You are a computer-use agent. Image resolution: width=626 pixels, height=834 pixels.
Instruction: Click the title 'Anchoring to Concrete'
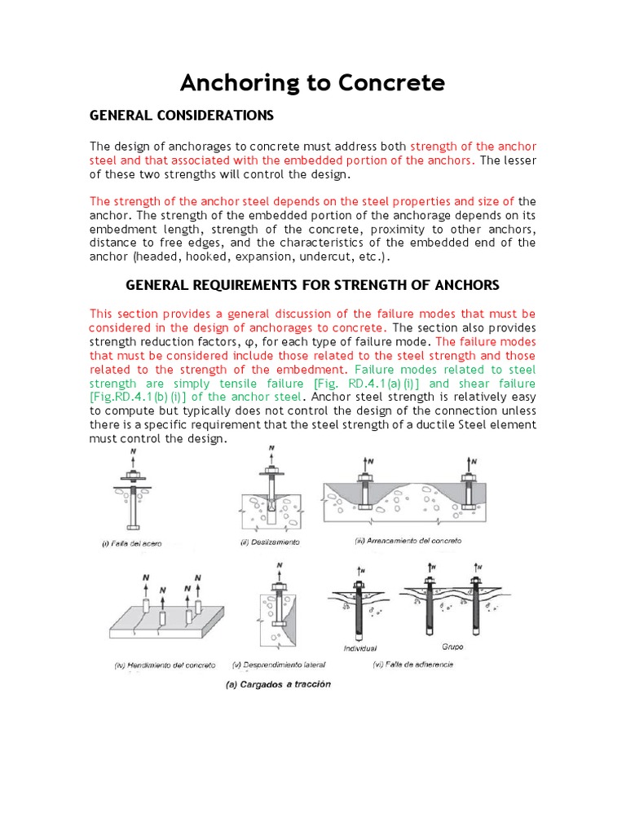[312, 82]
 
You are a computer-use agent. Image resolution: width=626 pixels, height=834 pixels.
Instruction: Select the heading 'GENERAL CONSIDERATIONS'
[181, 116]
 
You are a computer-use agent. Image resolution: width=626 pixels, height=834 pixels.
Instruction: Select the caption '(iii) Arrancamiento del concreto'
[408, 540]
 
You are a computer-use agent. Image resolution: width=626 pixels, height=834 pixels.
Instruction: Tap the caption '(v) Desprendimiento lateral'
[281, 665]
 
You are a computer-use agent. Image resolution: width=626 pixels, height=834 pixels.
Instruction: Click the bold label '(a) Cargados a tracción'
[279, 684]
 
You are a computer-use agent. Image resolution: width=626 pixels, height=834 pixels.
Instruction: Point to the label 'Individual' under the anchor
[359, 648]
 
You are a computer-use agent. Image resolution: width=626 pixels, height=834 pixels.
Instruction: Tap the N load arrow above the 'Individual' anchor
[358, 573]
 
